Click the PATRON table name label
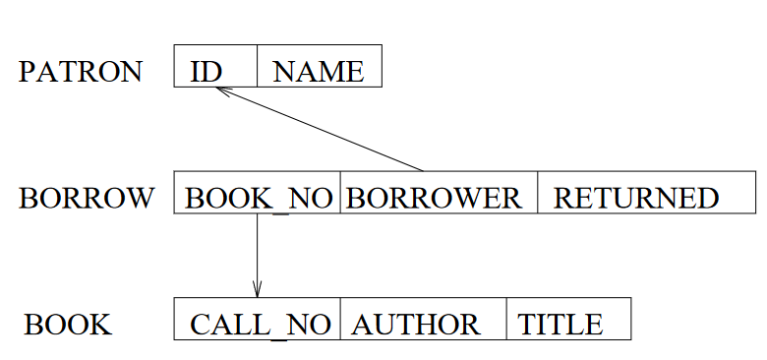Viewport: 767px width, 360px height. click(80, 72)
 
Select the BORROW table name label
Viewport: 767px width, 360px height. click(87, 198)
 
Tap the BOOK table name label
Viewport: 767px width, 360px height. click(68, 325)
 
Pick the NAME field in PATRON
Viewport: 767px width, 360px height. click(319, 72)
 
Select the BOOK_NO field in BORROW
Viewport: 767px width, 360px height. click(258, 198)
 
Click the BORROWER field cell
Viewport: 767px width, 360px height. click(435, 198)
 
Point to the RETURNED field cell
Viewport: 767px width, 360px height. click(636, 198)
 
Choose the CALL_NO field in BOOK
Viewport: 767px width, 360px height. click(260, 325)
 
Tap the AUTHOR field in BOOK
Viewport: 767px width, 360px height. click(416, 325)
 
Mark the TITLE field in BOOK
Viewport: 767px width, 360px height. click(560, 325)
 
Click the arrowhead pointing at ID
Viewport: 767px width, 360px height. click(220, 90)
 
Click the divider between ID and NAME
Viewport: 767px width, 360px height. click(257, 66)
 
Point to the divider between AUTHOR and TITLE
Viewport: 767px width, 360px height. click(507, 319)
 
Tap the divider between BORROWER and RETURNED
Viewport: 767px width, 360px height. click(538, 192)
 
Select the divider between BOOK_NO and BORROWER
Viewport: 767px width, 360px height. click(340, 192)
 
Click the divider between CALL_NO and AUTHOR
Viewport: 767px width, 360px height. click(340, 319)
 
